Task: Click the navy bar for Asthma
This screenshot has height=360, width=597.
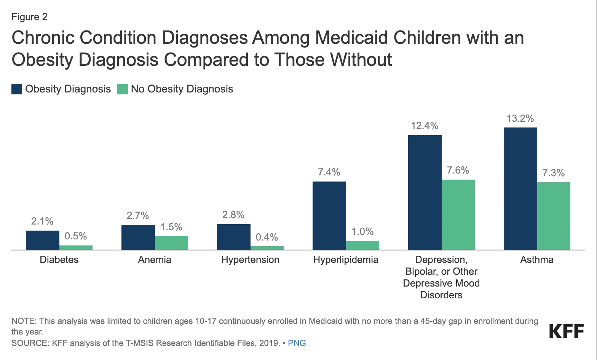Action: point(520,188)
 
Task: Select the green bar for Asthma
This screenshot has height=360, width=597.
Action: point(554,216)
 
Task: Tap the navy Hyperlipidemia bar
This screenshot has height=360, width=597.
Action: point(329,215)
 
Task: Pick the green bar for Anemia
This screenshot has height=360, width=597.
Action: point(171,243)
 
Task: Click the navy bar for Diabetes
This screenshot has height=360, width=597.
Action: point(42,240)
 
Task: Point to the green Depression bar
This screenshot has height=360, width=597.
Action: point(458,215)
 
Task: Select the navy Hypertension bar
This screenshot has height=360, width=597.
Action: point(233,237)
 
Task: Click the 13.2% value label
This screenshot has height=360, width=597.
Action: point(520,118)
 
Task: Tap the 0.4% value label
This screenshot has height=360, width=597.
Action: point(267,237)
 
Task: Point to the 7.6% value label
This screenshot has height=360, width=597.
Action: point(458,170)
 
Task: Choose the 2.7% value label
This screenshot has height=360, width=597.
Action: point(137,215)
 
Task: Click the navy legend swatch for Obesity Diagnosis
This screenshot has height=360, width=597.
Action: point(17,89)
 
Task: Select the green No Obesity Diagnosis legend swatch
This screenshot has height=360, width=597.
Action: point(122,89)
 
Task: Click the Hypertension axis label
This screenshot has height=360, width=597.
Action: point(250,260)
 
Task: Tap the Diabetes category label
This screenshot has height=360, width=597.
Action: point(59,260)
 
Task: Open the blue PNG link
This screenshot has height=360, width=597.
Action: point(297,343)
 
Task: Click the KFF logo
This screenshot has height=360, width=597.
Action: point(566,331)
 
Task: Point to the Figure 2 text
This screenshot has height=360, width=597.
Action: point(29,17)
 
